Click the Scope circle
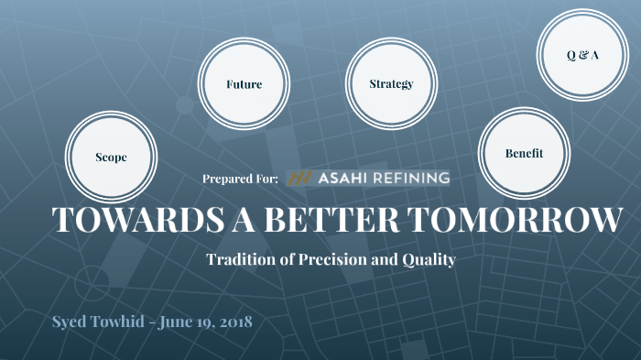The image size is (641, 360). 111,157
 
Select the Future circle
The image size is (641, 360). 244,84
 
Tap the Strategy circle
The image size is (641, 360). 391,84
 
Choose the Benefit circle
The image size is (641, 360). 524,153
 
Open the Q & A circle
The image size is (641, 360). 582,55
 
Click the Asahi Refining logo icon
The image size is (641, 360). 298,178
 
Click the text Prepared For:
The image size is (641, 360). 240,179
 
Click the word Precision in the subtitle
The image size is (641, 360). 328,259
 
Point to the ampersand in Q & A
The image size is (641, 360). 582,55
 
